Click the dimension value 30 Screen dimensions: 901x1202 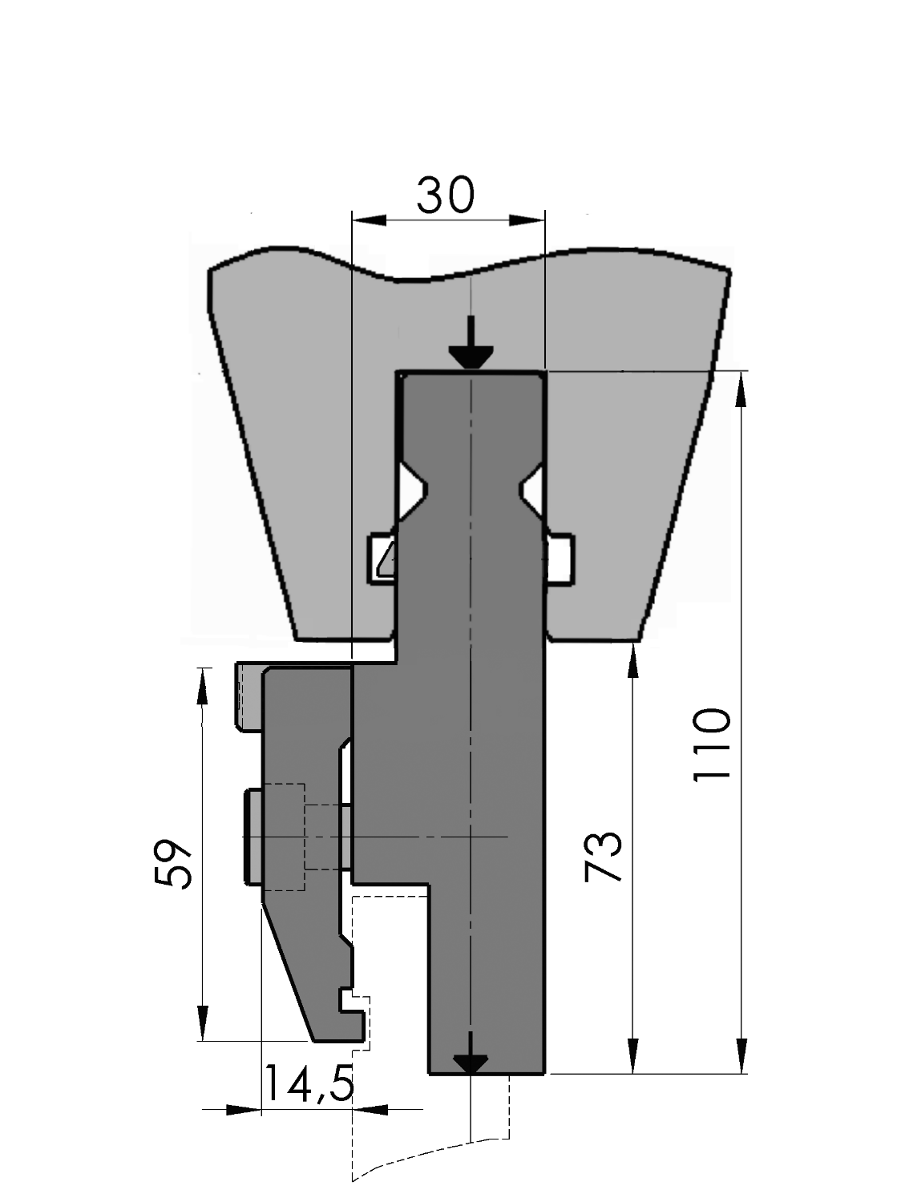(446, 196)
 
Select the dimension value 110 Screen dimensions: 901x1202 (712, 744)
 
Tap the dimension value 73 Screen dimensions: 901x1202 (603, 857)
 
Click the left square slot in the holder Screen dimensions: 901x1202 (382, 559)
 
